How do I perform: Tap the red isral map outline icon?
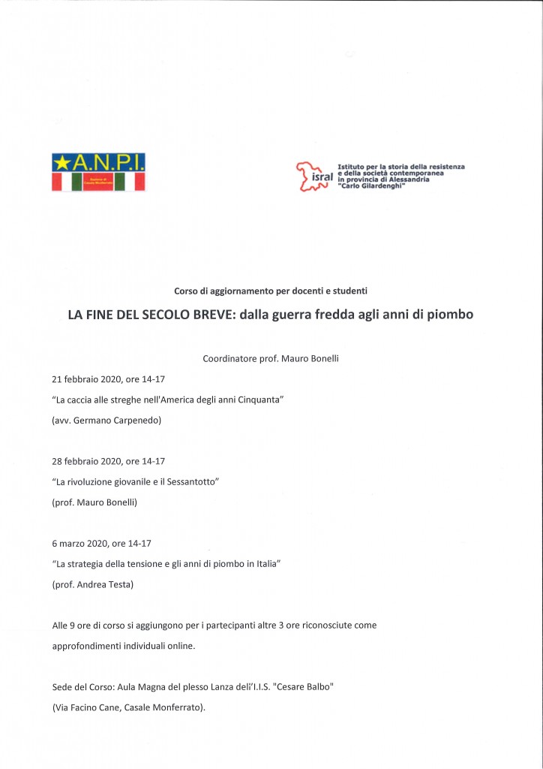point(305,175)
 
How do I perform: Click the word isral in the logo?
point(321,181)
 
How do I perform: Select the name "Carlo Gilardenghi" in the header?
point(373,185)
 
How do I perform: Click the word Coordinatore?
point(229,359)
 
